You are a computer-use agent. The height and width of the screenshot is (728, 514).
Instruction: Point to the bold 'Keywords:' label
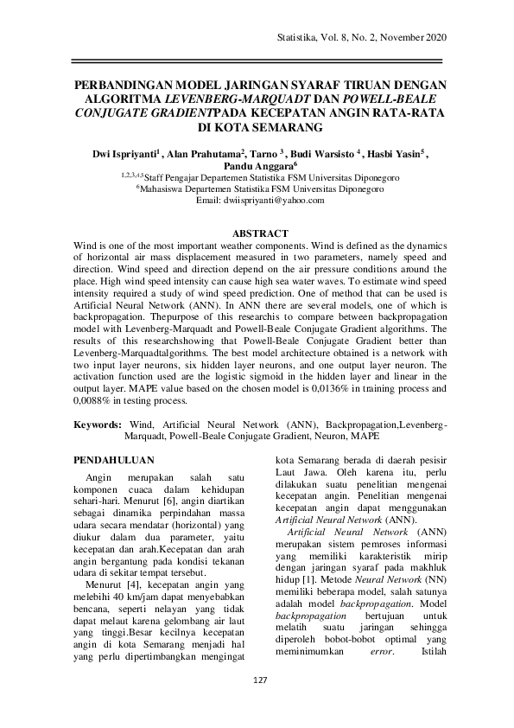pyautogui.click(x=98, y=425)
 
